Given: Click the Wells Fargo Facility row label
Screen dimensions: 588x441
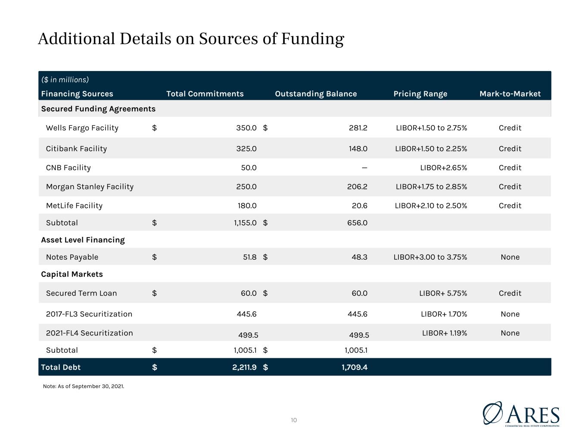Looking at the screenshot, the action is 82,128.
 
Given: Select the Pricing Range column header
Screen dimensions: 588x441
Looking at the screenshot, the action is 420,94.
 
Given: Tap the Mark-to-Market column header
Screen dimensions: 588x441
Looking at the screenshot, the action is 510,94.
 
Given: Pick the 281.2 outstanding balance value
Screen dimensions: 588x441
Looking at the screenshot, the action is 358,128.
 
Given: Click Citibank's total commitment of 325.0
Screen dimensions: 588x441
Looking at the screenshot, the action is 246,149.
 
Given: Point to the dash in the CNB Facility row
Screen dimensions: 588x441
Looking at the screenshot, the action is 364,168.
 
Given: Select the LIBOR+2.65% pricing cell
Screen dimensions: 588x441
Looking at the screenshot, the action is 443,168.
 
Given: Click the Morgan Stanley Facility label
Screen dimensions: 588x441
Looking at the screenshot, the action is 90,186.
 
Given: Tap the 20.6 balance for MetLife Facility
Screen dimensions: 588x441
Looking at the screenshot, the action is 360,205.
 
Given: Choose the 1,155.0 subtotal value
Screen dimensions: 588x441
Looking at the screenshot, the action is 245,223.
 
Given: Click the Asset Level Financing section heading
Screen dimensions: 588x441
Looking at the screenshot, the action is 83,240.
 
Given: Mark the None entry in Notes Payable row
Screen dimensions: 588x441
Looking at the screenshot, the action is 510,257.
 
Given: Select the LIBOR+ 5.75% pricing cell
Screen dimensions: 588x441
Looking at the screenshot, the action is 443,293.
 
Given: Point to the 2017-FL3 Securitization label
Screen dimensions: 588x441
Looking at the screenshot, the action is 89,314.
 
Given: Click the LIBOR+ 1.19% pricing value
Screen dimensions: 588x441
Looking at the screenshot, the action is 445,333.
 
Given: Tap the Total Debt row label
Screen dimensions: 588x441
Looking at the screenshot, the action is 61,367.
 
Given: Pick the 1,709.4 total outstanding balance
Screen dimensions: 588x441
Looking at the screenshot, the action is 355,367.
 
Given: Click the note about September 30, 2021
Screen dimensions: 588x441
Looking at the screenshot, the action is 84,386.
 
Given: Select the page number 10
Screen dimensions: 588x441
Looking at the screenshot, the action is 294,420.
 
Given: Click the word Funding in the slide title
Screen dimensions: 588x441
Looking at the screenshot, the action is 313,39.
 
